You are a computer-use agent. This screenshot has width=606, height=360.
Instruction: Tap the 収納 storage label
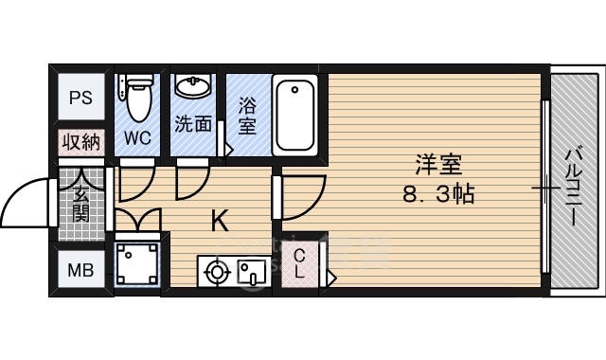[80, 143]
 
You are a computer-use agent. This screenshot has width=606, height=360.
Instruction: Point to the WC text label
[138, 137]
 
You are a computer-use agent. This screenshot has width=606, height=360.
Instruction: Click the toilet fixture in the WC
[138, 95]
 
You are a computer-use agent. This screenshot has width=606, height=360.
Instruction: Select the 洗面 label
[192, 123]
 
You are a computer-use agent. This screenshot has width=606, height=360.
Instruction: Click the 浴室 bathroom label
[246, 114]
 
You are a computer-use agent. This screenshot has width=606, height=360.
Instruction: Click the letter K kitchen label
[219, 222]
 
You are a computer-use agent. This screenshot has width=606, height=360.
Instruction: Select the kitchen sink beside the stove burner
[251, 273]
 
